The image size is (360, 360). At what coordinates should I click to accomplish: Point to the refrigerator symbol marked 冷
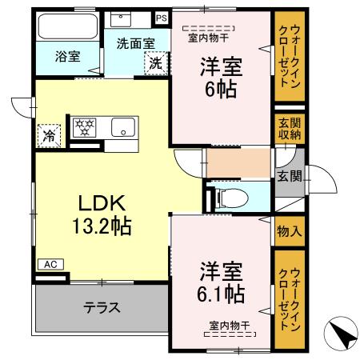click(x=48, y=134)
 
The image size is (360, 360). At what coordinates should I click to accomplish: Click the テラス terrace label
click(x=102, y=307)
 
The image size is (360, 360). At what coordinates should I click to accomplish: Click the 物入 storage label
click(x=289, y=232)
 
